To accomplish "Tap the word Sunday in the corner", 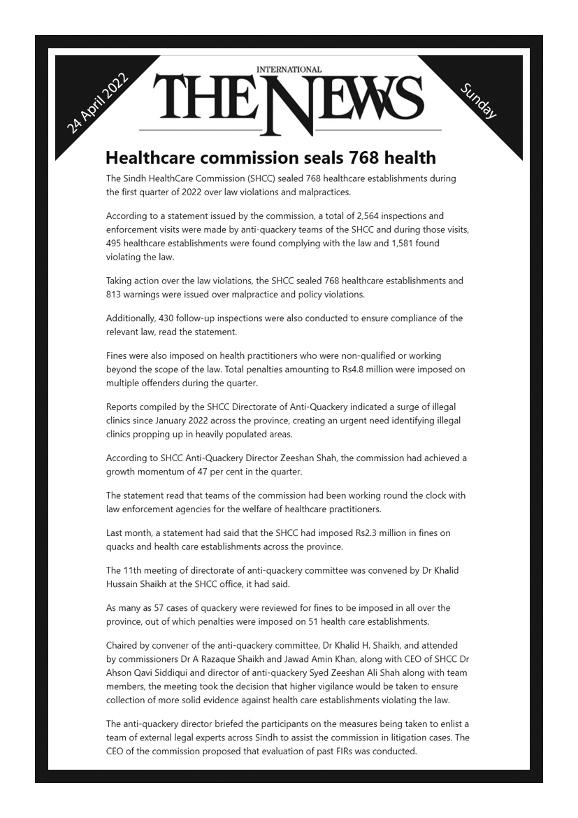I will click(479, 100).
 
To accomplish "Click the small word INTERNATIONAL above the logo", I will click(289, 69).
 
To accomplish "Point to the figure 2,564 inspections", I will click(377, 216).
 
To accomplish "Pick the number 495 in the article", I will click(115, 243).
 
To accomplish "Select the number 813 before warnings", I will click(115, 294).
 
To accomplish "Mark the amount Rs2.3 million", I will click(358, 533).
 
